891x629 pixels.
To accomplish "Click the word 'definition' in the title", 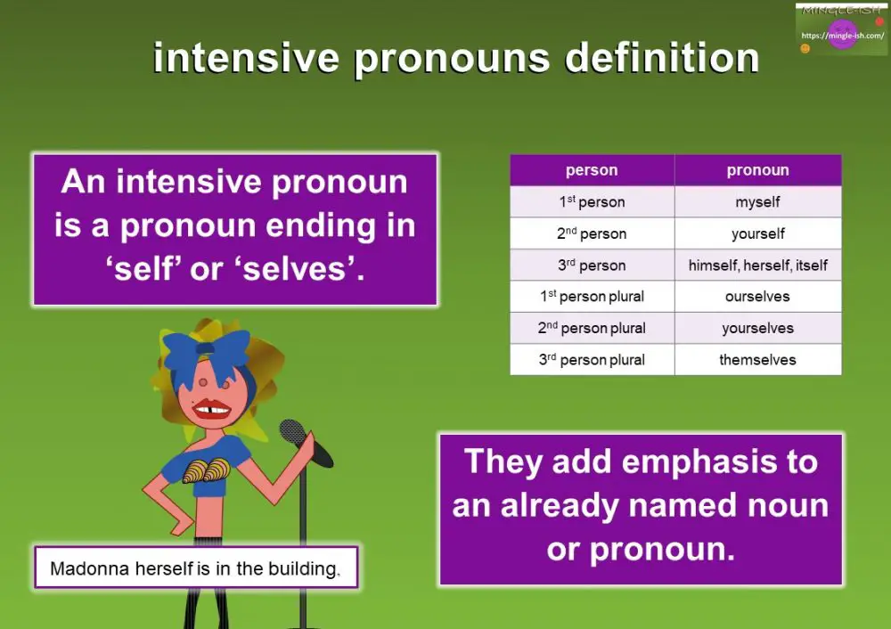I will point(662,59).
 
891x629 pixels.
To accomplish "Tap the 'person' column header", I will point(591,170).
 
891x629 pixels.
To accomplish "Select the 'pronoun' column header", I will point(757,170).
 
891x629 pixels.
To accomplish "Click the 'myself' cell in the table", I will point(757,202).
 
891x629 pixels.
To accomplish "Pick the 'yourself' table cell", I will point(757,233).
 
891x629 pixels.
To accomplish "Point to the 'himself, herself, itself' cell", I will point(757,265).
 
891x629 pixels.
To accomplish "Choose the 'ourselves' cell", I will point(757,297).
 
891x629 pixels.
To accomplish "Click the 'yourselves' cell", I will point(757,328).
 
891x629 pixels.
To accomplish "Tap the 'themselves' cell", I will point(757,360).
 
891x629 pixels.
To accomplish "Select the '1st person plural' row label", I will point(591,297).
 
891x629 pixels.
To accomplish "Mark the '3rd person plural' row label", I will point(591,360).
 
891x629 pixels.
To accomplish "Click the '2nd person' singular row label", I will point(591,233).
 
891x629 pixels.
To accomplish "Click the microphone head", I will point(292,432).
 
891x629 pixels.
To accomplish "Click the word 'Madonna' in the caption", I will point(88,568).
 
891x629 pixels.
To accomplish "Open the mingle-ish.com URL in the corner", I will point(842,37).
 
